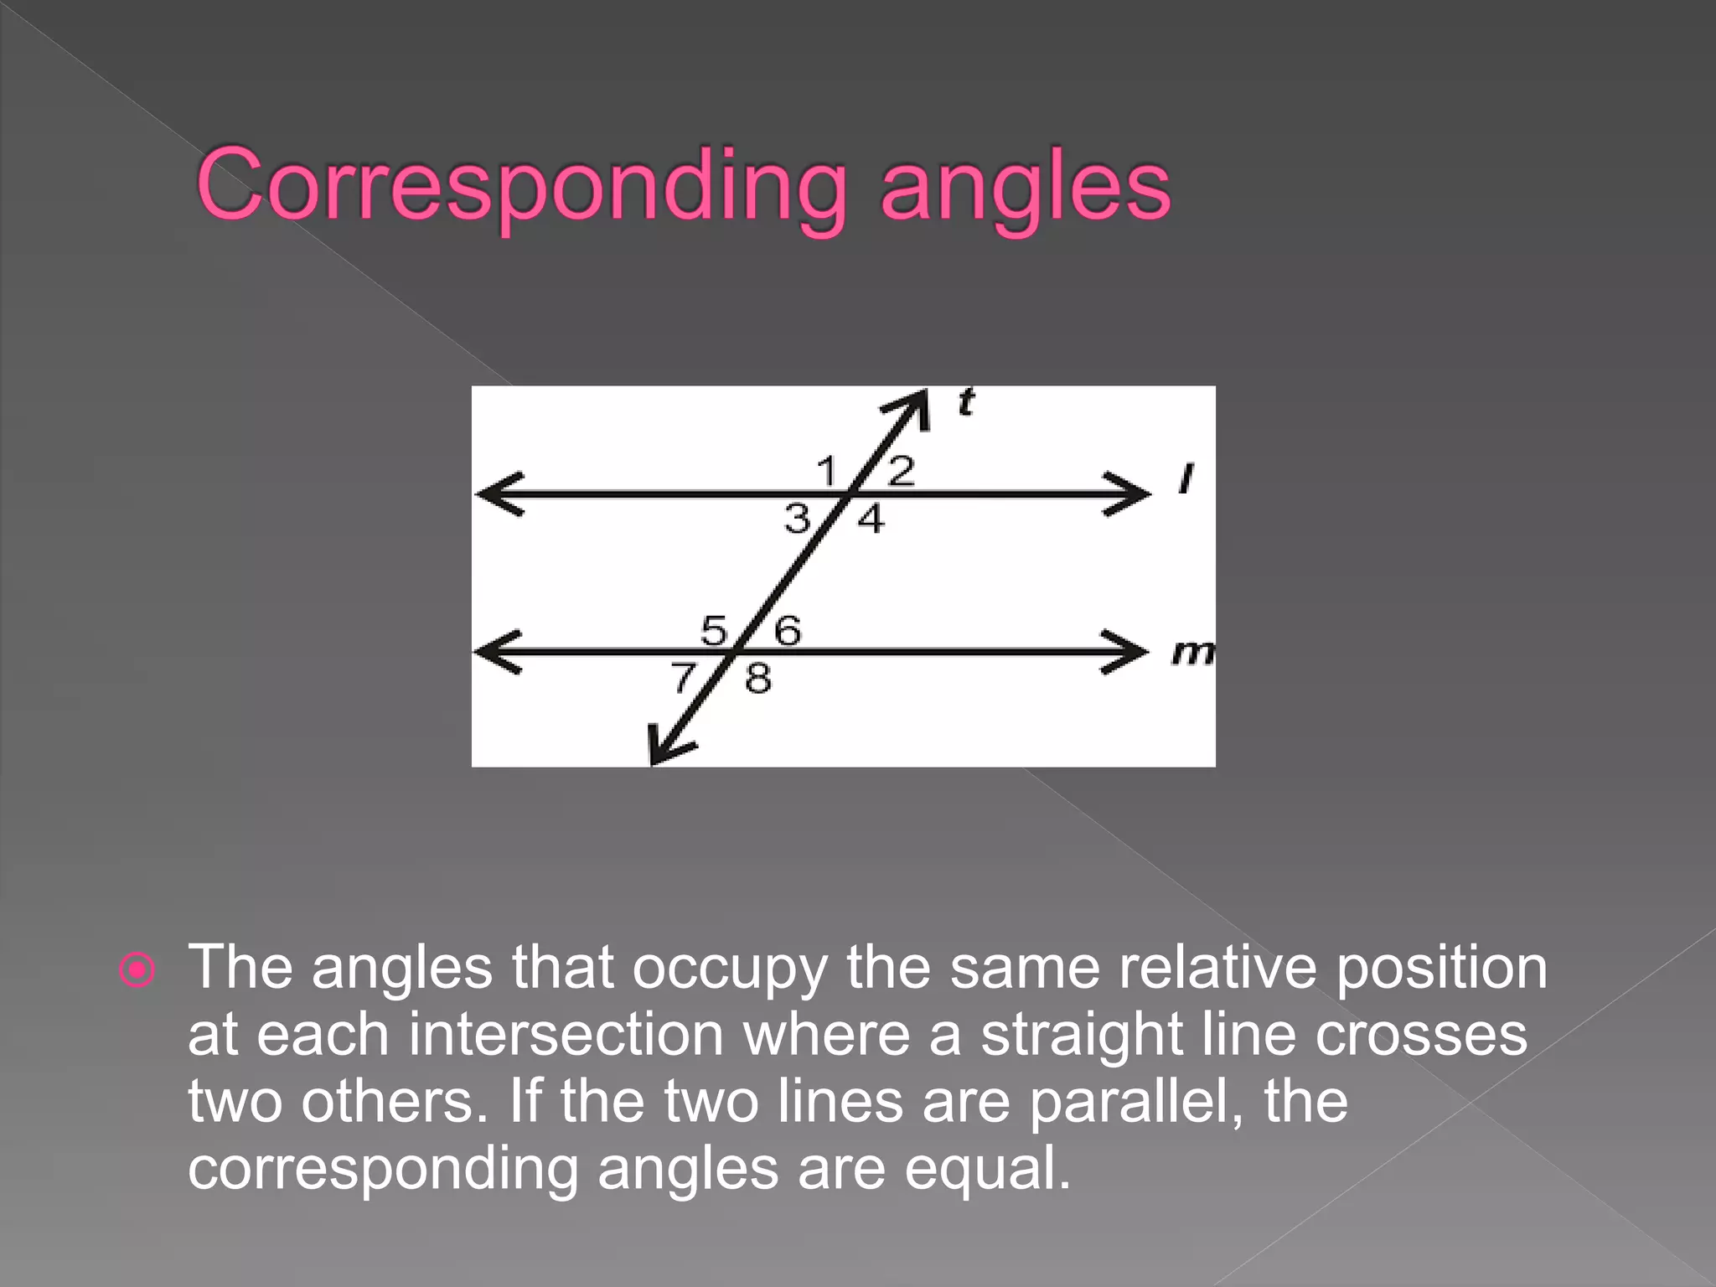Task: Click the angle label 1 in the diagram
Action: pos(827,471)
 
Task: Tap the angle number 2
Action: pos(901,471)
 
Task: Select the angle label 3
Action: pos(797,519)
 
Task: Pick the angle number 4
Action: pos(871,519)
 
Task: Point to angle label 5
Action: pos(714,630)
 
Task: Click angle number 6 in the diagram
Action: pos(787,630)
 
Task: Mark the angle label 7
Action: pos(684,677)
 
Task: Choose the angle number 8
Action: pos(757,678)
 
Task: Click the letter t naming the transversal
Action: pos(966,403)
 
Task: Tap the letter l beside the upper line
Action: pos(1185,478)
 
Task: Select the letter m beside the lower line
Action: pos(1192,652)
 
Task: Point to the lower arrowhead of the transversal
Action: pos(664,749)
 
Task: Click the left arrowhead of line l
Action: pos(496,494)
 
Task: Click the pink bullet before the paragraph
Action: pos(137,970)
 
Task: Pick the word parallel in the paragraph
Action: pos(1135,1101)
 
